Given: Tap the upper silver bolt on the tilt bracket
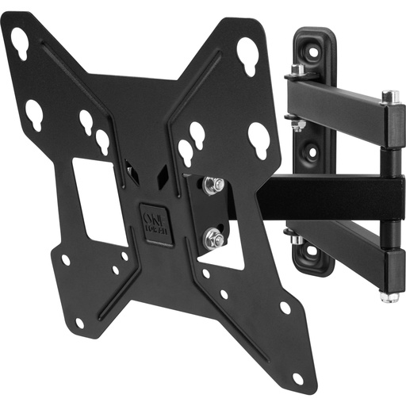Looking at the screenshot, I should (x=210, y=186).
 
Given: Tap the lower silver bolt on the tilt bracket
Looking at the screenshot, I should (x=212, y=236).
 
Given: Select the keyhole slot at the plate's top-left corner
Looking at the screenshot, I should (x=20, y=43).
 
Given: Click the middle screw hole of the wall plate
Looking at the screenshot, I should (x=310, y=150).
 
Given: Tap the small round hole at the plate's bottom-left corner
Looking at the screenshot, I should (x=79, y=323).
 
